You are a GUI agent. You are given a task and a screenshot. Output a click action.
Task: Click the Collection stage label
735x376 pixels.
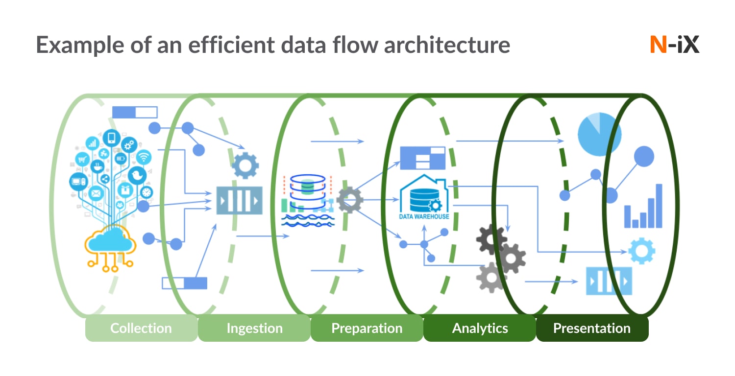(141, 328)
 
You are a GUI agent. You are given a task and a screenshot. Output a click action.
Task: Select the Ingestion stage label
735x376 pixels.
(254, 328)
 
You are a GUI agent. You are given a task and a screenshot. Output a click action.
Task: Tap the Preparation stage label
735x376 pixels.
(367, 328)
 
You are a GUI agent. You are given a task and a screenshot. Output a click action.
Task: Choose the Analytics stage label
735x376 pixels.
(480, 328)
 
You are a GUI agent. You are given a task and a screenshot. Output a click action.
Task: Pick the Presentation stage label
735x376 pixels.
(591, 328)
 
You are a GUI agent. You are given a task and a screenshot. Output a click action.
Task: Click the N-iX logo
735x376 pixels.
(674, 45)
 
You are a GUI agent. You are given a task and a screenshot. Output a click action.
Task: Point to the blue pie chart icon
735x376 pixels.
(599, 133)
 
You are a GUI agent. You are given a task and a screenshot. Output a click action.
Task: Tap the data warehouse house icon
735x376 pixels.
(423, 196)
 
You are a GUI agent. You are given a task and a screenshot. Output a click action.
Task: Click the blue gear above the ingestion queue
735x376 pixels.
(245, 165)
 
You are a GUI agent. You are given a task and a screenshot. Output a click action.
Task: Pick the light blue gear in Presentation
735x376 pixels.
(641, 251)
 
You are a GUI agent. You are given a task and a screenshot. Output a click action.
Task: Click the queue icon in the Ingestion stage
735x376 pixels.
(240, 200)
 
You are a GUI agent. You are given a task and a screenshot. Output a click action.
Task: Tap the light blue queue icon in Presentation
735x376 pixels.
(609, 281)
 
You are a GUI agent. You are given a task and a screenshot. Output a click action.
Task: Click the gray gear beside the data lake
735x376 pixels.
(350, 199)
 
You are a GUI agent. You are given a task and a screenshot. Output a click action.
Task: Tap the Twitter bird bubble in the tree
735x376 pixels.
(137, 175)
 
